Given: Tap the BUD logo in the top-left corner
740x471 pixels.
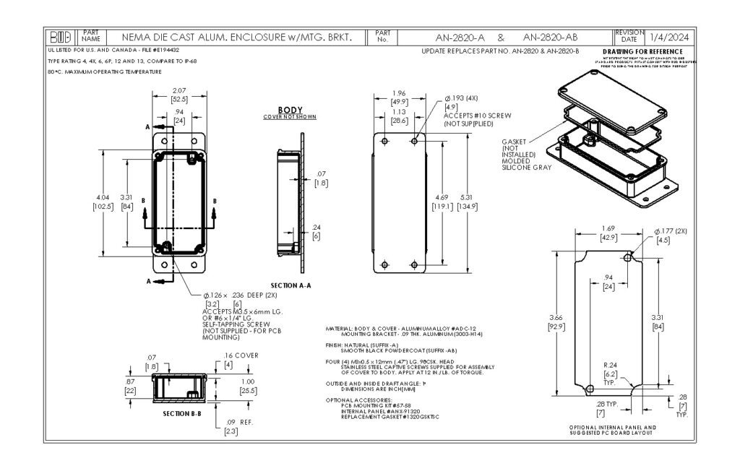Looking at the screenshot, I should click(x=60, y=36).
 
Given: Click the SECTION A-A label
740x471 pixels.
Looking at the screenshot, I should click(x=291, y=285).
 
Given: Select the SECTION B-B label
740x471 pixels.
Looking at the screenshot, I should click(x=171, y=412).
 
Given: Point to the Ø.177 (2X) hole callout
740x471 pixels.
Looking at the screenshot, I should click(x=671, y=231).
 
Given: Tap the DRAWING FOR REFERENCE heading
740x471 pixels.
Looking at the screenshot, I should click(x=642, y=52).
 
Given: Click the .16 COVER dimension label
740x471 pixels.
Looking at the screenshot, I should click(x=241, y=355).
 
